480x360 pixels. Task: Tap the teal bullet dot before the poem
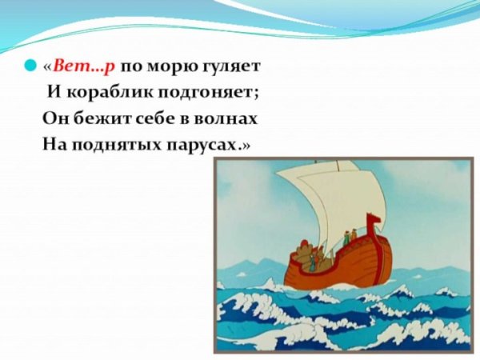[30, 66]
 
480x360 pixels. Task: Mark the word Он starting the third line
[54, 119]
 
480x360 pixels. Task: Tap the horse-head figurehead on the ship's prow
[370, 222]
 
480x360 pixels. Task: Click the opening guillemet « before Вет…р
[47, 66]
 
